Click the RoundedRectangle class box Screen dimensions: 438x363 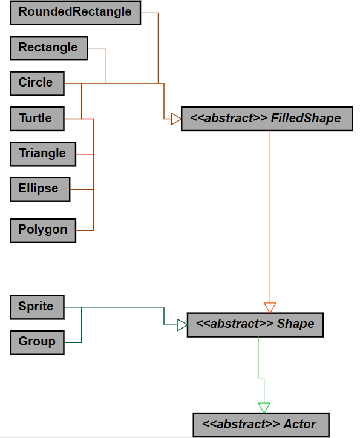click(75, 13)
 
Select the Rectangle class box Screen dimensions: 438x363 click(48, 48)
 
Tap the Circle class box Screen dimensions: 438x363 click(36, 83)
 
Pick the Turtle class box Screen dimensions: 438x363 click(36, 118)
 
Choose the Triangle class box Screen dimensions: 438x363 click(42, 154)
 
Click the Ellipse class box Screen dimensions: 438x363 click(39, 189)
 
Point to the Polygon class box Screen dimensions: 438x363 click(42, 230)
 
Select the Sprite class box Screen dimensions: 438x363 click(36, 306)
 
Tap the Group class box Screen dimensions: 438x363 click(36, 341)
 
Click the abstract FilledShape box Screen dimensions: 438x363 click(266, 118)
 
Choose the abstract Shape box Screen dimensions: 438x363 click(255, 324)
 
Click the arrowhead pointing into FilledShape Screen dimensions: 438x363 click(175, 118)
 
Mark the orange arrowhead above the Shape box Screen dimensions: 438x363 click(270, 307)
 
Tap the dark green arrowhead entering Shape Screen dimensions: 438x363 click(181, 325)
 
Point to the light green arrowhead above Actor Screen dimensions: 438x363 click(264, 407)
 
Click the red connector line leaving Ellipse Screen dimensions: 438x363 click(82, 189)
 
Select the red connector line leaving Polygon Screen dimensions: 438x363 click(85, 230)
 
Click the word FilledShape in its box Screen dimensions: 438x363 click(306, 118)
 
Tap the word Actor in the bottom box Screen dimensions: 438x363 click(299, 424)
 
